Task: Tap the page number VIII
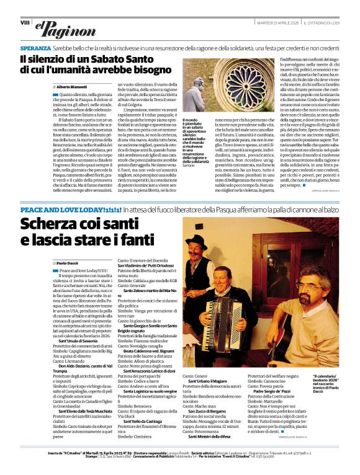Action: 25,22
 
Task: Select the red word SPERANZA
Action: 35,48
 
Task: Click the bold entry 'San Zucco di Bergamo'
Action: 204,411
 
